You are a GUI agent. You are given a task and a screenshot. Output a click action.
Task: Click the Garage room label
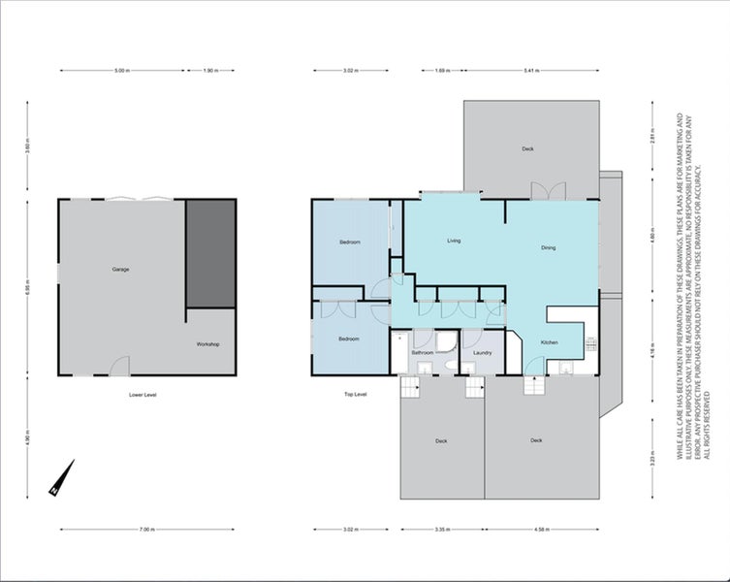coord(120,269)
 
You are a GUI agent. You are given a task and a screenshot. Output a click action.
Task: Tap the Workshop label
coord(208,344)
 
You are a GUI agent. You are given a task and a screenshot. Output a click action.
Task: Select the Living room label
coord(453,241)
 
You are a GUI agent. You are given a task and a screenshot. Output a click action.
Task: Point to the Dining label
coord(548,248)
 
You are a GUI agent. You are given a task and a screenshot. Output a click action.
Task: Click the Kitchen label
coord(549,343)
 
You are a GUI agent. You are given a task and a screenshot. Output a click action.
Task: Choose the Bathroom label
coord(422,352)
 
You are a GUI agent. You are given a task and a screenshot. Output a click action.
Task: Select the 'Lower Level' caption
coord(143,395)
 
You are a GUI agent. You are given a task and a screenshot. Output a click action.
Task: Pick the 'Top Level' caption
coord(355,395)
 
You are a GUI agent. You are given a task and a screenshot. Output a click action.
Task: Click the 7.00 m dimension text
coord(146,530)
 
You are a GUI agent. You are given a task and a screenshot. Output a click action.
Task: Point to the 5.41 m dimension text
coord(531,71)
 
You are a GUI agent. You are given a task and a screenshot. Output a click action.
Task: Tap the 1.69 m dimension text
coord(441,71)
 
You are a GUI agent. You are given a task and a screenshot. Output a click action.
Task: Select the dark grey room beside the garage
coord(210,254)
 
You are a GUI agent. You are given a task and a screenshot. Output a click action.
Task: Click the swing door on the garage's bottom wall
coord(118,367)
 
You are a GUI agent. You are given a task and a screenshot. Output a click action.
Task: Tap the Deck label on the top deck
coord(527,148)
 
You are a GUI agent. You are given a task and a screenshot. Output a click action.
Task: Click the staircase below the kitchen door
coord(534,385)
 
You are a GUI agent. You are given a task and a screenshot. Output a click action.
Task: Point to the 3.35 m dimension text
coord(440,530)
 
